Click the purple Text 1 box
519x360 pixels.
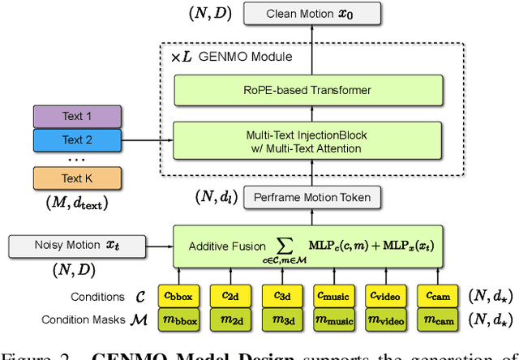[77, 116]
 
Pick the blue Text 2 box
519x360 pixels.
[77, 139]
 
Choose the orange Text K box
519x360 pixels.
[77, 178]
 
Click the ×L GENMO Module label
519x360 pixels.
[230, 58]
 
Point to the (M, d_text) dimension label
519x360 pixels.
[77, 203]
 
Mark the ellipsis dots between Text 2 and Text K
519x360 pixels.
[77, 160]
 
